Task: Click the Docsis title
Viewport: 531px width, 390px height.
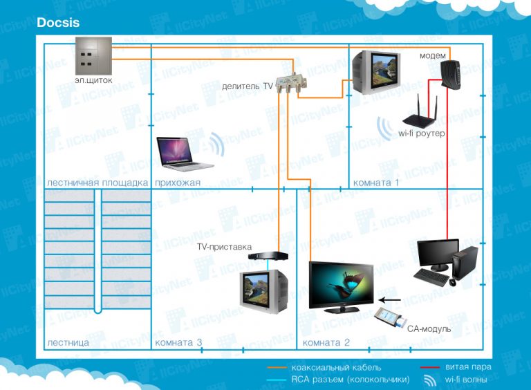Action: tap(58, 23)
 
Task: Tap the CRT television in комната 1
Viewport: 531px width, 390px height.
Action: tap(374, 72)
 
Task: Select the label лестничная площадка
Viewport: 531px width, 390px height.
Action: tap(97, 183)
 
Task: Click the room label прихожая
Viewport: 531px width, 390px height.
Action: tap(178, 183)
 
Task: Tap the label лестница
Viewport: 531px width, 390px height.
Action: tap(68, 342)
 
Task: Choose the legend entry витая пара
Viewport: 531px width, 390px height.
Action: tap(467, 367)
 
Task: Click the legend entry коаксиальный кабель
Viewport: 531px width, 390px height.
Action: tap(336, 368)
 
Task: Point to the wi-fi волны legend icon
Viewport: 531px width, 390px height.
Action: tap(430, 380)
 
